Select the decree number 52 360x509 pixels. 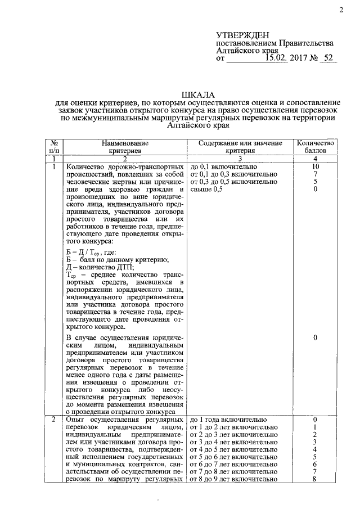(326, 58)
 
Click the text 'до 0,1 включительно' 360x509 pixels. (224, 167)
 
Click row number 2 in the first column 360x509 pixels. (53, 420)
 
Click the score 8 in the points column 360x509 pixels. (316, 479)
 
